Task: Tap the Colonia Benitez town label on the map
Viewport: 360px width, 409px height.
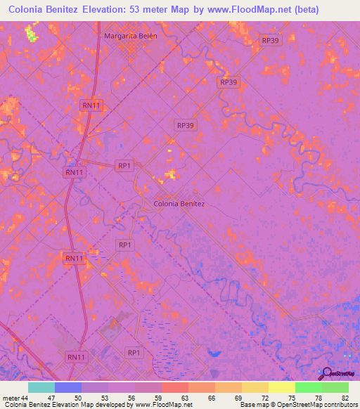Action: pyautogui.click(x=179, y=204)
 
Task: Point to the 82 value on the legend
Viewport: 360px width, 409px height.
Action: pyautogui.click(x=345, y=398)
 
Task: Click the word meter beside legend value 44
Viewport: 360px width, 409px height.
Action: pyautogui.click(x=11, y=398)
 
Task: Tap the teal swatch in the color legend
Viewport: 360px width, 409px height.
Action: pyautogui.click(x=41, y=387)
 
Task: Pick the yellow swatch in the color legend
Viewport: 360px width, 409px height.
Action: pyautogui.click(x=281, y=387)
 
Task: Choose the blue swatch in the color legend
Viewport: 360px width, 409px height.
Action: pyautogui.click(x=68, y=387)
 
